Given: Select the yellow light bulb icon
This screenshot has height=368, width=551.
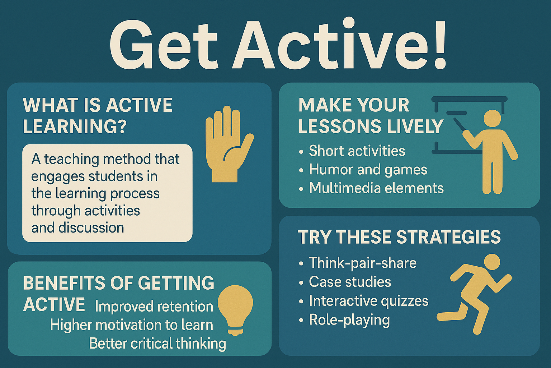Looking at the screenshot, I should (235, 307).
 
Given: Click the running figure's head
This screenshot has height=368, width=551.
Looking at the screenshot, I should (491, 262).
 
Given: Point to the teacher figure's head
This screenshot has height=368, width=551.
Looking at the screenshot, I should (492, 118).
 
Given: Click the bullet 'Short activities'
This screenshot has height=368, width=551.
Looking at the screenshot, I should (357, 151).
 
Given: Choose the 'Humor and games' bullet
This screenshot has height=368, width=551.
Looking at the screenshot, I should (368, 170).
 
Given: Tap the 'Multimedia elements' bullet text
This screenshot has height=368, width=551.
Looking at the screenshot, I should (376, 188).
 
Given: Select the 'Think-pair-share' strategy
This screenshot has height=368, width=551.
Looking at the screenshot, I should (363, 263).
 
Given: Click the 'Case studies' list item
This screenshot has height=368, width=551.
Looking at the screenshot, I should (350, 282).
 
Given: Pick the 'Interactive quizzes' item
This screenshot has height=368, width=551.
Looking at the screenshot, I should (369, 301).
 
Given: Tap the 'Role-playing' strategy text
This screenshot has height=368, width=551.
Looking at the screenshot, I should (349, 320).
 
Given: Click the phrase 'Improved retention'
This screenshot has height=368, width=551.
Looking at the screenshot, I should (154, 307).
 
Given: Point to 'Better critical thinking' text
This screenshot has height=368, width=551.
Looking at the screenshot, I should (157, 344).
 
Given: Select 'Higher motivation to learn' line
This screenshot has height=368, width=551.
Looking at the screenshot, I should (132, 325).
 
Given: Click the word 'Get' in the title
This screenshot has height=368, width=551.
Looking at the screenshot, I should (163, 45).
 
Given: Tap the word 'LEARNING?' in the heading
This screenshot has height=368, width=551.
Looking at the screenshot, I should (75, 126).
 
